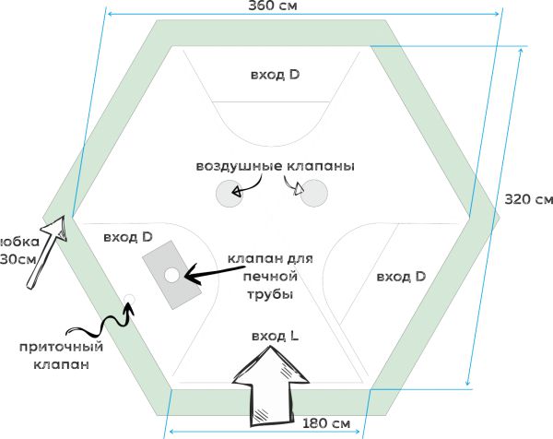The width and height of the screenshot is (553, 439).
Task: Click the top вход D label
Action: click(x=275, y=74)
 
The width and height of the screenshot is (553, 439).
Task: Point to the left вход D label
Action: click(x=128, y=237)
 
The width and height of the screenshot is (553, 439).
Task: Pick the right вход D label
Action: click(x=401, y=276)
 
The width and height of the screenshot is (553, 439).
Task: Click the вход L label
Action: click(x=275, y=337)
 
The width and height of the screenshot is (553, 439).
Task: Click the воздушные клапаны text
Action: click(x=275, y=167)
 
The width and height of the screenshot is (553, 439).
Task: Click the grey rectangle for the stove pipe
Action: click(x=171, y=274)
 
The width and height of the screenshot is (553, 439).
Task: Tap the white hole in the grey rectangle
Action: click(x=171, y=275)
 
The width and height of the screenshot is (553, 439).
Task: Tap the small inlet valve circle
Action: click(x=129, y=301)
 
